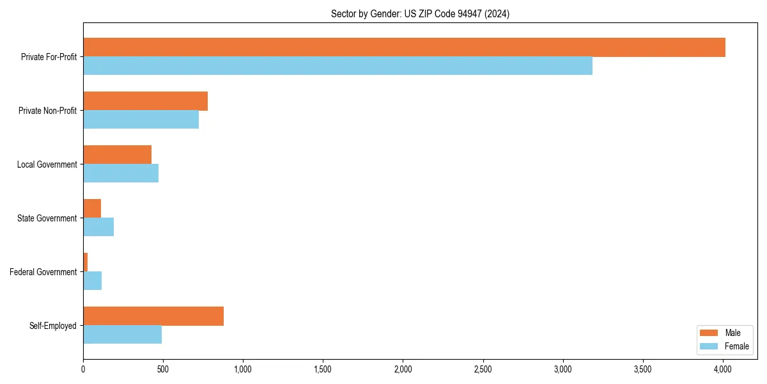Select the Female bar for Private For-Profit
[x=337, y=66]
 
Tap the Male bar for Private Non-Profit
[x=145, y=101]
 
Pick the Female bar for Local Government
[x=121, y=173]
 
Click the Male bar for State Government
[x=92, y=209]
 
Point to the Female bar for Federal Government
[x=92, y=281]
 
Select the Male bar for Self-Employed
[x=153, y=316]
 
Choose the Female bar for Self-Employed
[x=122, y=335]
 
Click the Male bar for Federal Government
[x=85, y=262]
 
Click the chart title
[x=420, y=13]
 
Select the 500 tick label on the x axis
[x=163, y=369]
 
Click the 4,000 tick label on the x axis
[x=722, y=369]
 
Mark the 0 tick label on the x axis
[x=83, y=369]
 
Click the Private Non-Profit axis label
[x=47, y=111]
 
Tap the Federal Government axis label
[x=43, y=272]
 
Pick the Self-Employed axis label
[x=52, y=326]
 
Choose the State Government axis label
[x=47, y=218]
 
